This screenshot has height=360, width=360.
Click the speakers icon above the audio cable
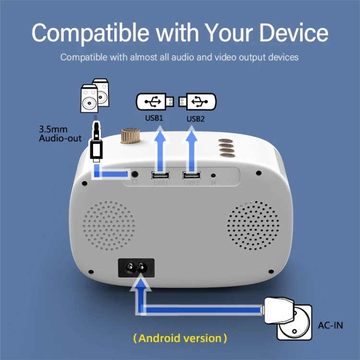(x=95, y=96)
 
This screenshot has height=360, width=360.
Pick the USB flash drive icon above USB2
(x=197, y=101)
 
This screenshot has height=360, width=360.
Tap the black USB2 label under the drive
(x=195, y=118)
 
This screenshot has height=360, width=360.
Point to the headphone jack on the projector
(x=135, y=174)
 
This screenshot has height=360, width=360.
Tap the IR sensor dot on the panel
(x=213, y=176)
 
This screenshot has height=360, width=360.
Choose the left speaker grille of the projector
(x=109, y=226)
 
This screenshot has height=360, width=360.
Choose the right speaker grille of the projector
(x=252, y=225)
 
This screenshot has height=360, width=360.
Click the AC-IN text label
(x=331, y=325)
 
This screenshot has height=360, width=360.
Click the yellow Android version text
(x=180, y=338)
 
